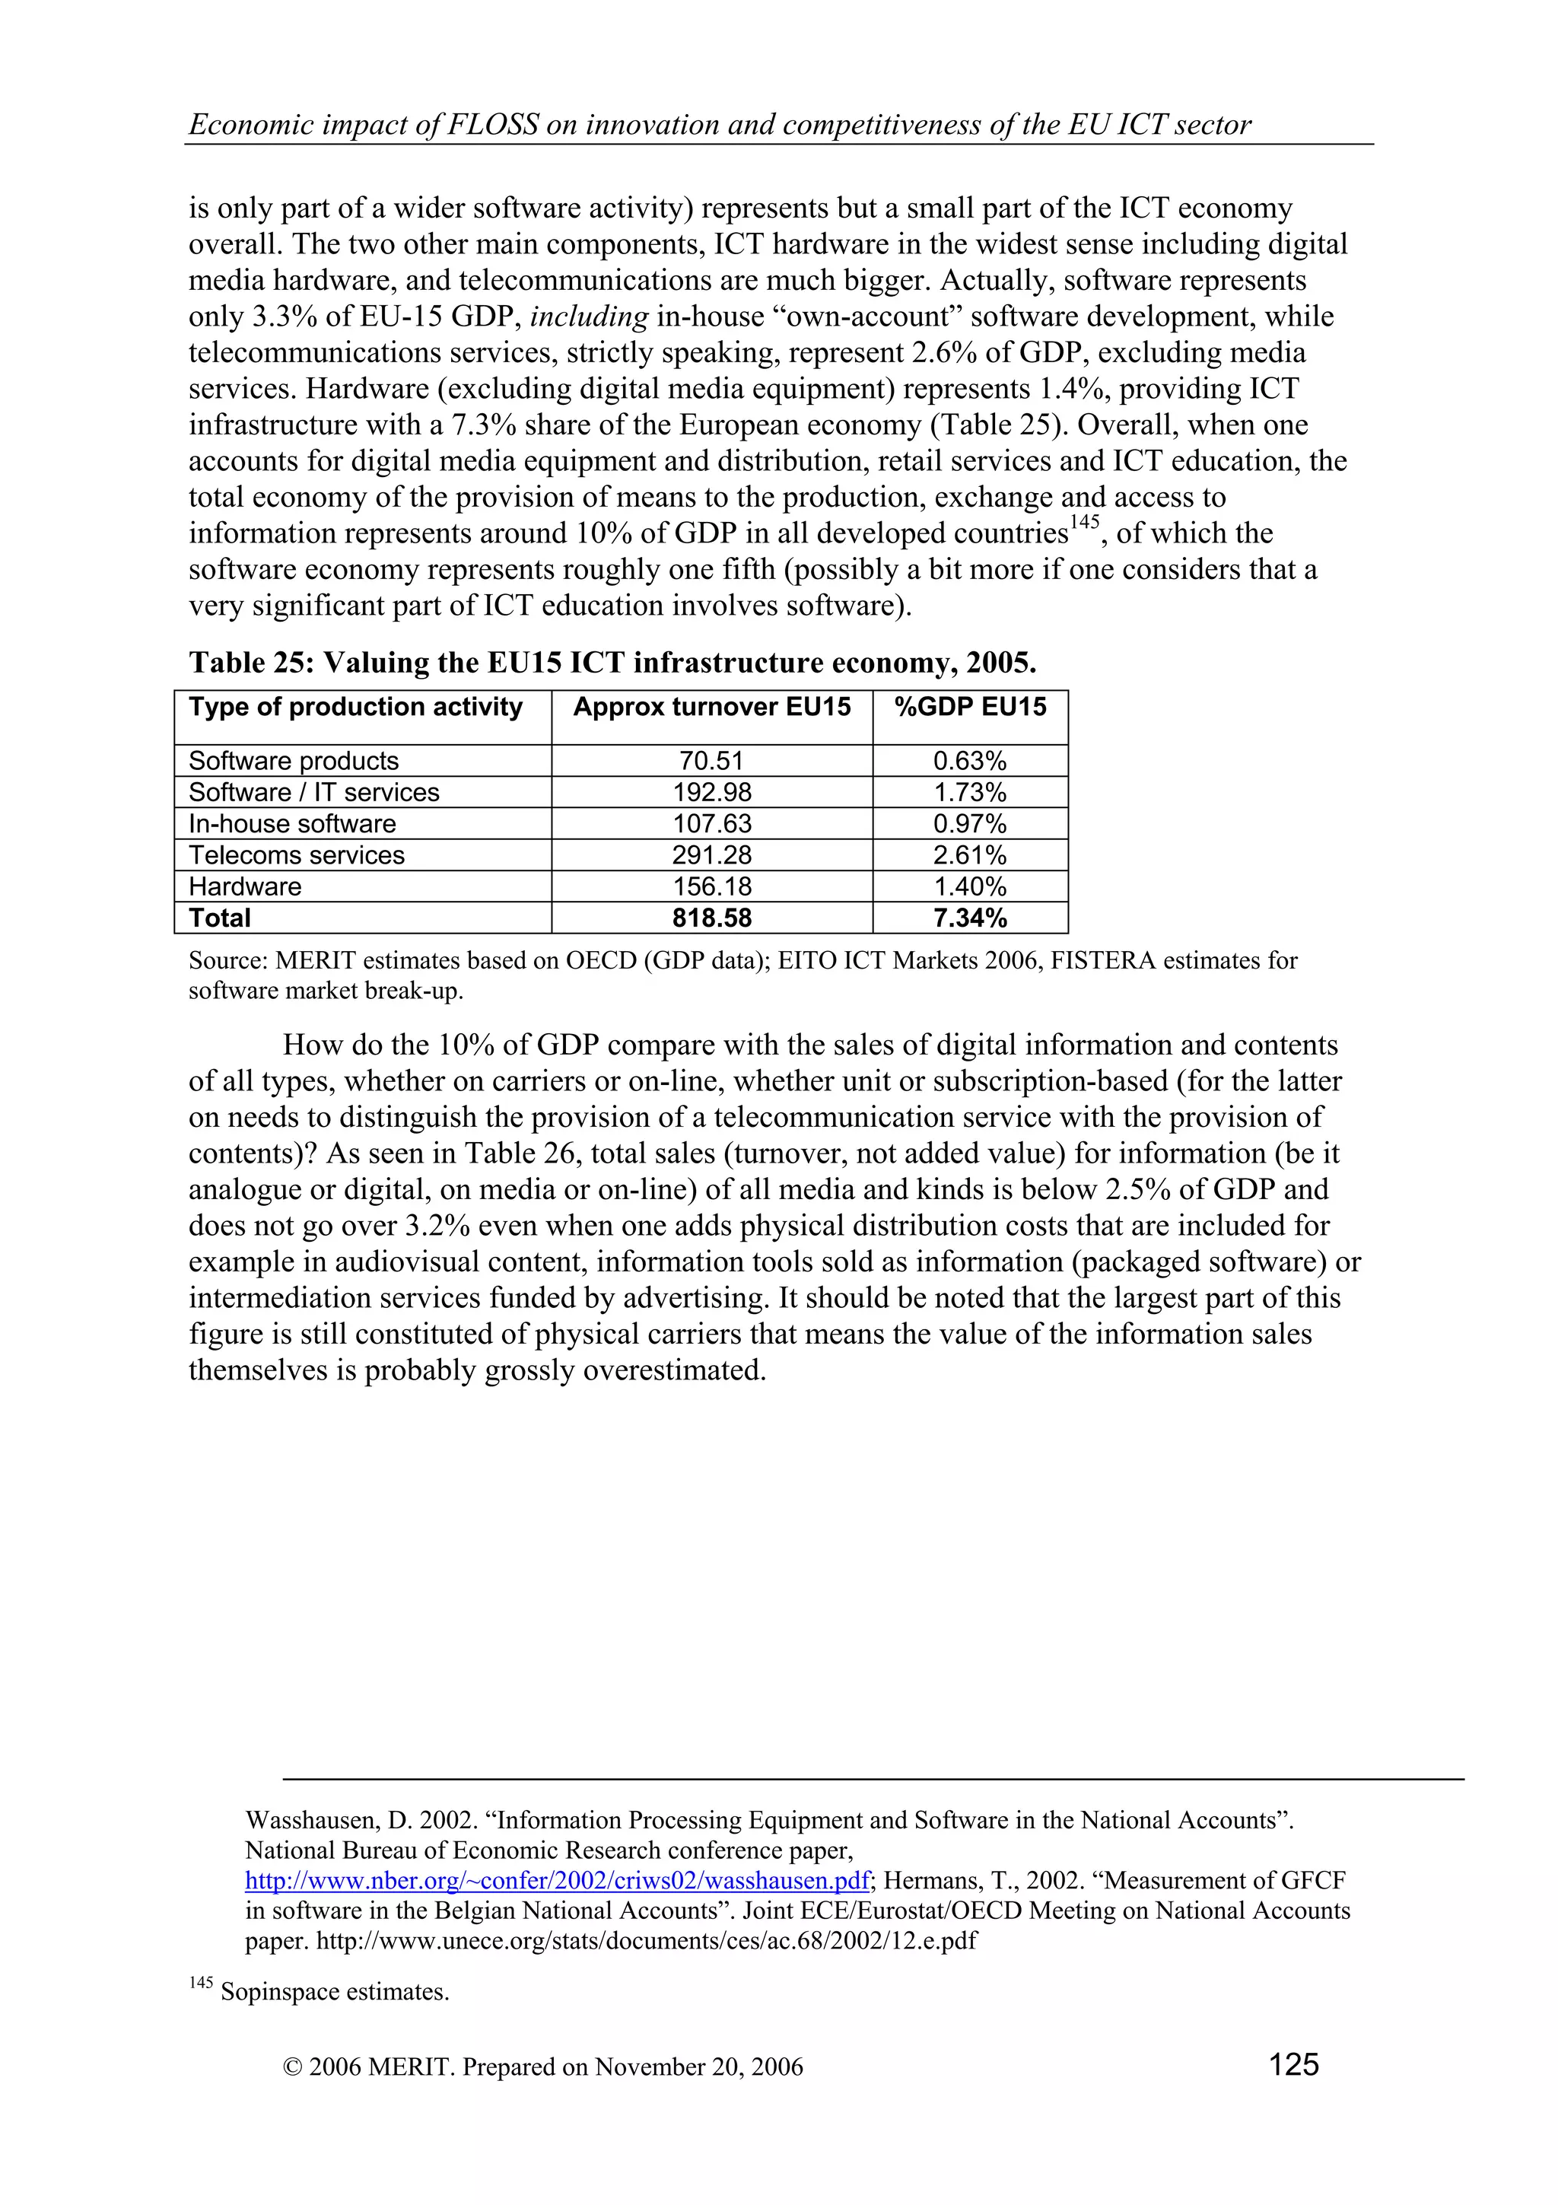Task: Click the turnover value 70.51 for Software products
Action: point(711,761)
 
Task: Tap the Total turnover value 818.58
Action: point(711,918)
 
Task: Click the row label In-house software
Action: point(292,824)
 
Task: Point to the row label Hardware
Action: point(245,886)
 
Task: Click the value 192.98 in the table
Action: point(711,792)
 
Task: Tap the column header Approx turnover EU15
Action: point(711,708)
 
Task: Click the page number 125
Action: point(1293,2065)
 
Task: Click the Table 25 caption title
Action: point(612,663)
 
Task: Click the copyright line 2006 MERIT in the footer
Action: point(543,2067)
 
